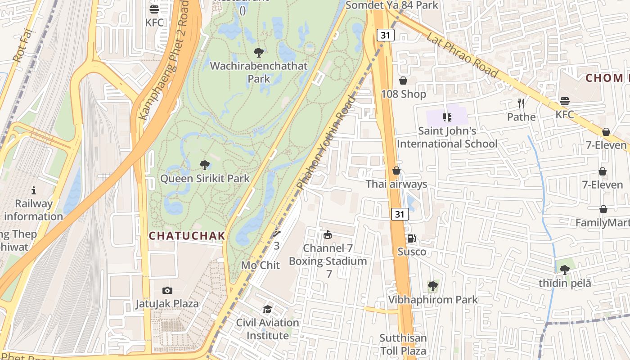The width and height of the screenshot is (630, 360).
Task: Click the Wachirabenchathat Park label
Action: tap(259, 72)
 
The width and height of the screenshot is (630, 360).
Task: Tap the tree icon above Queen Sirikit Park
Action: tap(205, 165)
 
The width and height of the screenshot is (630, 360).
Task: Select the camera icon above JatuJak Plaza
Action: tap(167, 291)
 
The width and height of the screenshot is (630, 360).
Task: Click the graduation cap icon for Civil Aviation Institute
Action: tap(268, 310)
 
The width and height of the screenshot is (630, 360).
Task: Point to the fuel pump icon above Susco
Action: tap(411, 238)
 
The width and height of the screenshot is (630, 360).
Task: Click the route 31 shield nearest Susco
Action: tap(400, 215)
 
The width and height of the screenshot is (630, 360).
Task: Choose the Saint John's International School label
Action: tap(447, 137)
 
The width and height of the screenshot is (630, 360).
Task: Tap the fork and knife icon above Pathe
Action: tap(521, 103)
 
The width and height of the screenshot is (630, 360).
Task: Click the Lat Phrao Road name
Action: tap(462, 55)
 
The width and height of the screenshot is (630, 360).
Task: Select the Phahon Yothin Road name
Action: tap(327, 142)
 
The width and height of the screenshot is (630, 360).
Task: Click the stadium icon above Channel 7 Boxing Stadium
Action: tap(328, 234)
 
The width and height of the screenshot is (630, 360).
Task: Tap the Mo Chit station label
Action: tap(260, 265)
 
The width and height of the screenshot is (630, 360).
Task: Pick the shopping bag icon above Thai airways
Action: tap(396, 171)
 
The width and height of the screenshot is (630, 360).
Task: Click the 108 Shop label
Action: tap(403, 94)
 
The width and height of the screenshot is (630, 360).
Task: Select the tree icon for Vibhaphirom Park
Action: tap(432, 286)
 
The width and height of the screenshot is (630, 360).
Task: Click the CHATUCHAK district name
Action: tap(187, 235)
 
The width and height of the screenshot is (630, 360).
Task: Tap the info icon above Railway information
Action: tap(33, 190)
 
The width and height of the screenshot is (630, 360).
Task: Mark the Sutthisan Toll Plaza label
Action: tap(403, 344)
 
